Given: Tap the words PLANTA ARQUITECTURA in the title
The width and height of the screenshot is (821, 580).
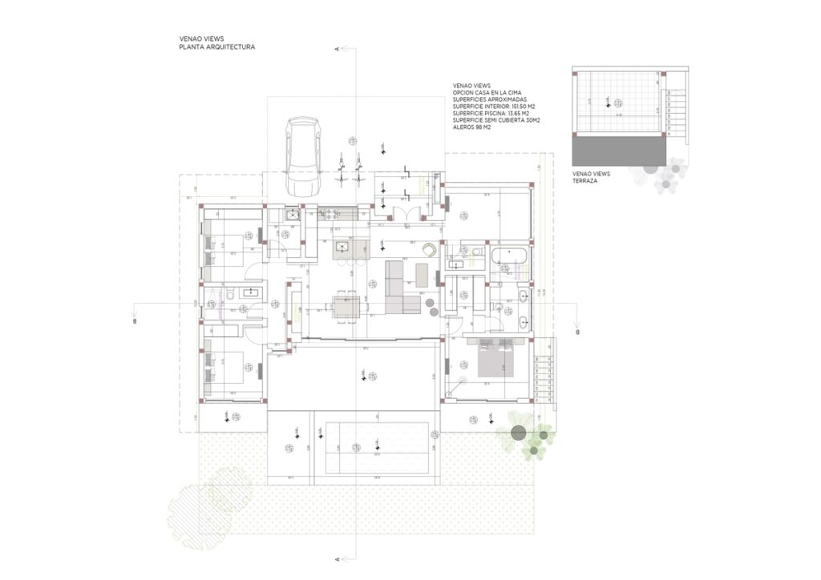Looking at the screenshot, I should click(x=216, y=48).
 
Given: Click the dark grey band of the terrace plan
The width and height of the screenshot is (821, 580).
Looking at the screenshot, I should click(x=619, y=147).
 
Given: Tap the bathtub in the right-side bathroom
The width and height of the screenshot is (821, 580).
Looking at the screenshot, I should click(x=508, y=256).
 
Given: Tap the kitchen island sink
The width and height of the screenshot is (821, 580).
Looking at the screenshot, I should click(x=342, y=246).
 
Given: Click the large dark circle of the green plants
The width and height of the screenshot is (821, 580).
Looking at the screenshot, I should click(x=518, y=434).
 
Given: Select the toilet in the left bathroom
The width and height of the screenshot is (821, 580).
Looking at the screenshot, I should click(x=231, y=295).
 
